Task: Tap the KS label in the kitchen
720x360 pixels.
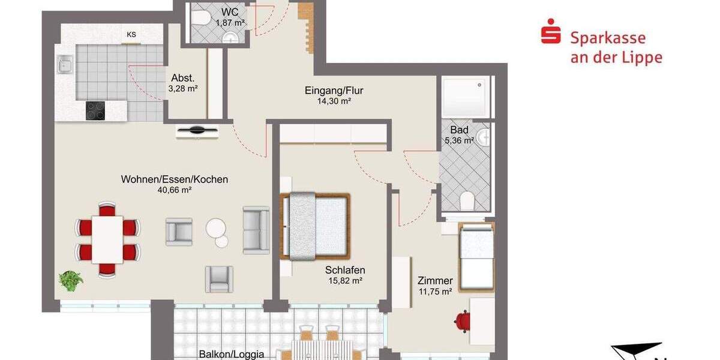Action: coord(131,35)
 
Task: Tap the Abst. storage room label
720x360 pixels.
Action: coord(183,78)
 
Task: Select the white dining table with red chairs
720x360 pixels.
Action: coord(107,239)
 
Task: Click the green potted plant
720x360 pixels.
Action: coord(71,280)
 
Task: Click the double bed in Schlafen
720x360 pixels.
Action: coord(314,226)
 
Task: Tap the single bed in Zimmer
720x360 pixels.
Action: coord(476,257)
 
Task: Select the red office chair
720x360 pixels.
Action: coord(462,322)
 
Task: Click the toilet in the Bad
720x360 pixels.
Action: coord(467,200)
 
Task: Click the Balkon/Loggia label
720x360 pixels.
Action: coord(231,355)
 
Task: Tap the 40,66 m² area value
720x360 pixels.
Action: coord(174,190)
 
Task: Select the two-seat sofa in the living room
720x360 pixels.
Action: coord(256,230)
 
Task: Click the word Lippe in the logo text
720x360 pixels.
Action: coord(643,58)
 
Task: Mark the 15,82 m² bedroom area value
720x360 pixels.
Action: coord(345,280)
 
